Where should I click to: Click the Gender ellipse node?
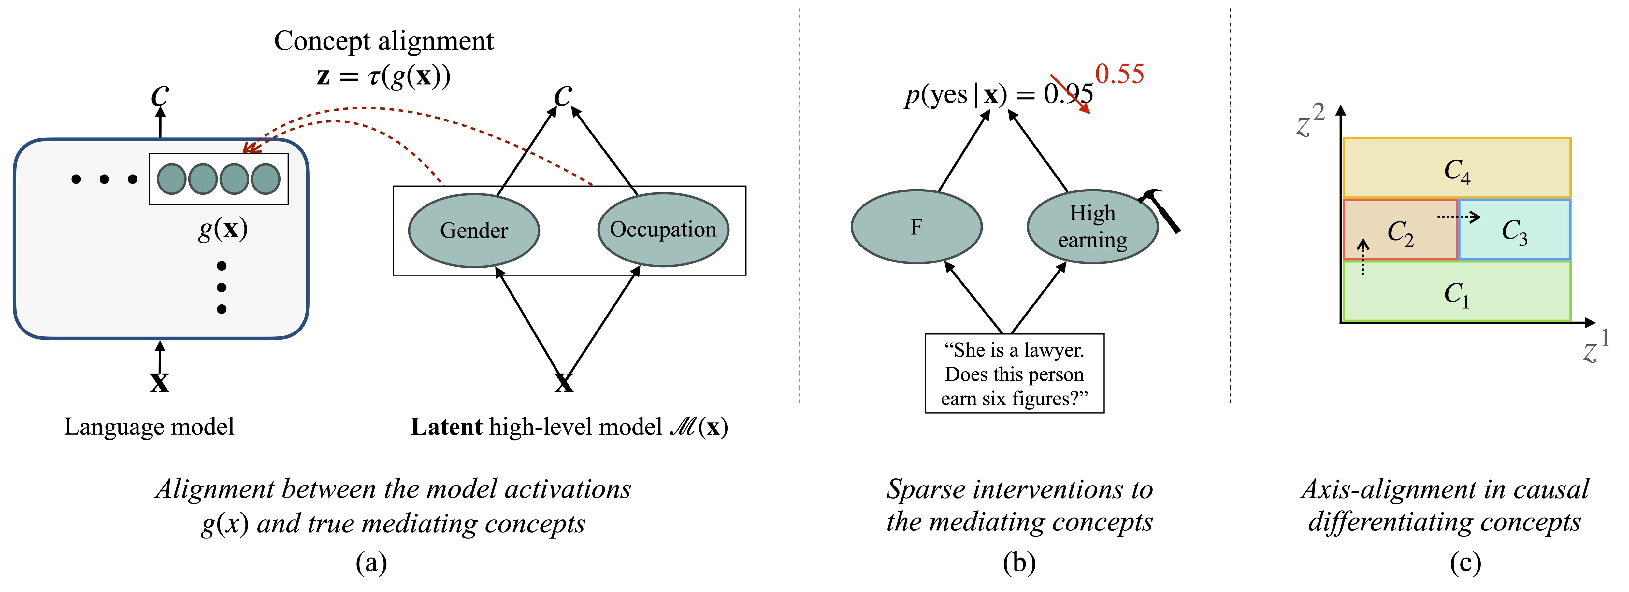tap(474, 231)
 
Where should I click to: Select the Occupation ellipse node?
tap(663, 229)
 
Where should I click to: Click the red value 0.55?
tap(1119, 75)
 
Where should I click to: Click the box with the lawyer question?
tap(1014, 374)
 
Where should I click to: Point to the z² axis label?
tap(1309, 121)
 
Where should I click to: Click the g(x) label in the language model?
tap(223, 229)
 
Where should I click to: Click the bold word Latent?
tap(446, 427)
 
